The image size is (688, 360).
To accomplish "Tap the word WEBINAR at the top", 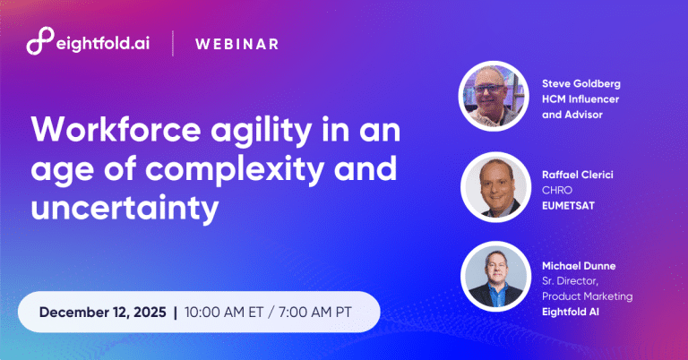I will tap(236, 43).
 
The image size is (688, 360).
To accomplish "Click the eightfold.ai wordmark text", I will tap(103, 43).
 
